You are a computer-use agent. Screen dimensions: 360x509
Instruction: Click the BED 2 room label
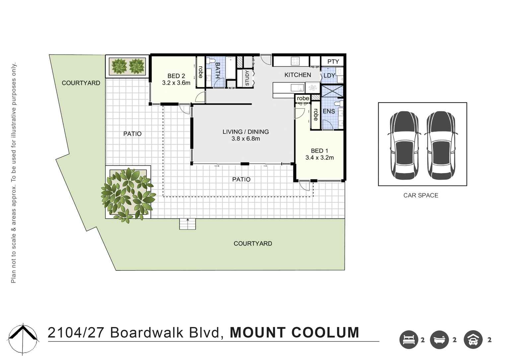176,76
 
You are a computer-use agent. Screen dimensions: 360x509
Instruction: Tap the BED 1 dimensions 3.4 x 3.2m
320,158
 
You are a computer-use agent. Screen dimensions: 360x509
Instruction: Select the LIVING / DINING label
246,132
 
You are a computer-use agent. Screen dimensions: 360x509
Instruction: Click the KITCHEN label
298,75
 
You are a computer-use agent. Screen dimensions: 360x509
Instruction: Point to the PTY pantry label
333,62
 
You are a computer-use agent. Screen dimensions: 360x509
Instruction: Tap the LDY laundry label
329,76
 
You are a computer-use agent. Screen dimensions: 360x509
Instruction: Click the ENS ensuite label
328,111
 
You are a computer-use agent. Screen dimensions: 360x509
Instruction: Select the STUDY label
247,78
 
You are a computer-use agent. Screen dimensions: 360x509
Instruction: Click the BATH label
218,70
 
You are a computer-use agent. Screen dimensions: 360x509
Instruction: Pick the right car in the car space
441,145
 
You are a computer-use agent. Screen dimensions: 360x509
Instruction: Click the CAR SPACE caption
421,196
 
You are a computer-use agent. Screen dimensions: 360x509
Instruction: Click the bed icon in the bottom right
408,340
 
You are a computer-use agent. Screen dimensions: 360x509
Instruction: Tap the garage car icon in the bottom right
473,340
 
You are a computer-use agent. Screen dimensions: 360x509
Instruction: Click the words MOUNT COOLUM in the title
294,333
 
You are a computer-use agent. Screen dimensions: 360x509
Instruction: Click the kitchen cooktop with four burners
295,61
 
